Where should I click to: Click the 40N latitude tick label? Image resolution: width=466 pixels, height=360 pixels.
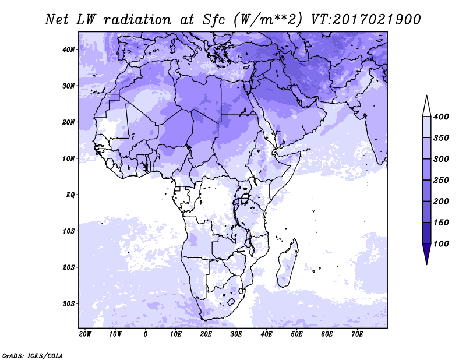coord(68,50)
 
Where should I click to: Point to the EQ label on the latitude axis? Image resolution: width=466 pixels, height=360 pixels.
coord(70,195)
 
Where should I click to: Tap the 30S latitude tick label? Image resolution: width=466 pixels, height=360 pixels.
coord(68,304)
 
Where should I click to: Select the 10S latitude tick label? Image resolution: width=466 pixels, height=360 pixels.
coord(68,231)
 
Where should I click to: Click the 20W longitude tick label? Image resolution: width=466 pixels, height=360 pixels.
coord(85,334)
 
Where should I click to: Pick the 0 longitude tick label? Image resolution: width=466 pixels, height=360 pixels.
coord(145,334)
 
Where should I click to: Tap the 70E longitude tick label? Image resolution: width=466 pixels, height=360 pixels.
coord(357,334)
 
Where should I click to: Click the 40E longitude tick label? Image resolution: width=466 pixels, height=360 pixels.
coord(266,334)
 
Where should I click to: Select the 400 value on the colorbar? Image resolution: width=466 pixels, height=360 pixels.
coord(441,117)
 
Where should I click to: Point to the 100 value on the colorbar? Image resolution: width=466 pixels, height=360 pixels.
coord(441,243)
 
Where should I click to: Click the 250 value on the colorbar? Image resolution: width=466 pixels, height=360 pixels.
coord(441,180)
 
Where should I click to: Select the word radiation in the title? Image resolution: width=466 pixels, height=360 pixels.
coord(137,20)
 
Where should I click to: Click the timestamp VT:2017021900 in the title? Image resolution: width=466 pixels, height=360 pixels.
coord(366,20)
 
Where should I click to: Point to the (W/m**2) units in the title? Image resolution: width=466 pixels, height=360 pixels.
coord(268,20)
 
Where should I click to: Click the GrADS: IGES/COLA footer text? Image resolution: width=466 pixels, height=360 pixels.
coord(33,355)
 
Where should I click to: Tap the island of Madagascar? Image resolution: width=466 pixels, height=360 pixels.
coord(287,263)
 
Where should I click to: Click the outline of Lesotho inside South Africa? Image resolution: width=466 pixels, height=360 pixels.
coord(231,302)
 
